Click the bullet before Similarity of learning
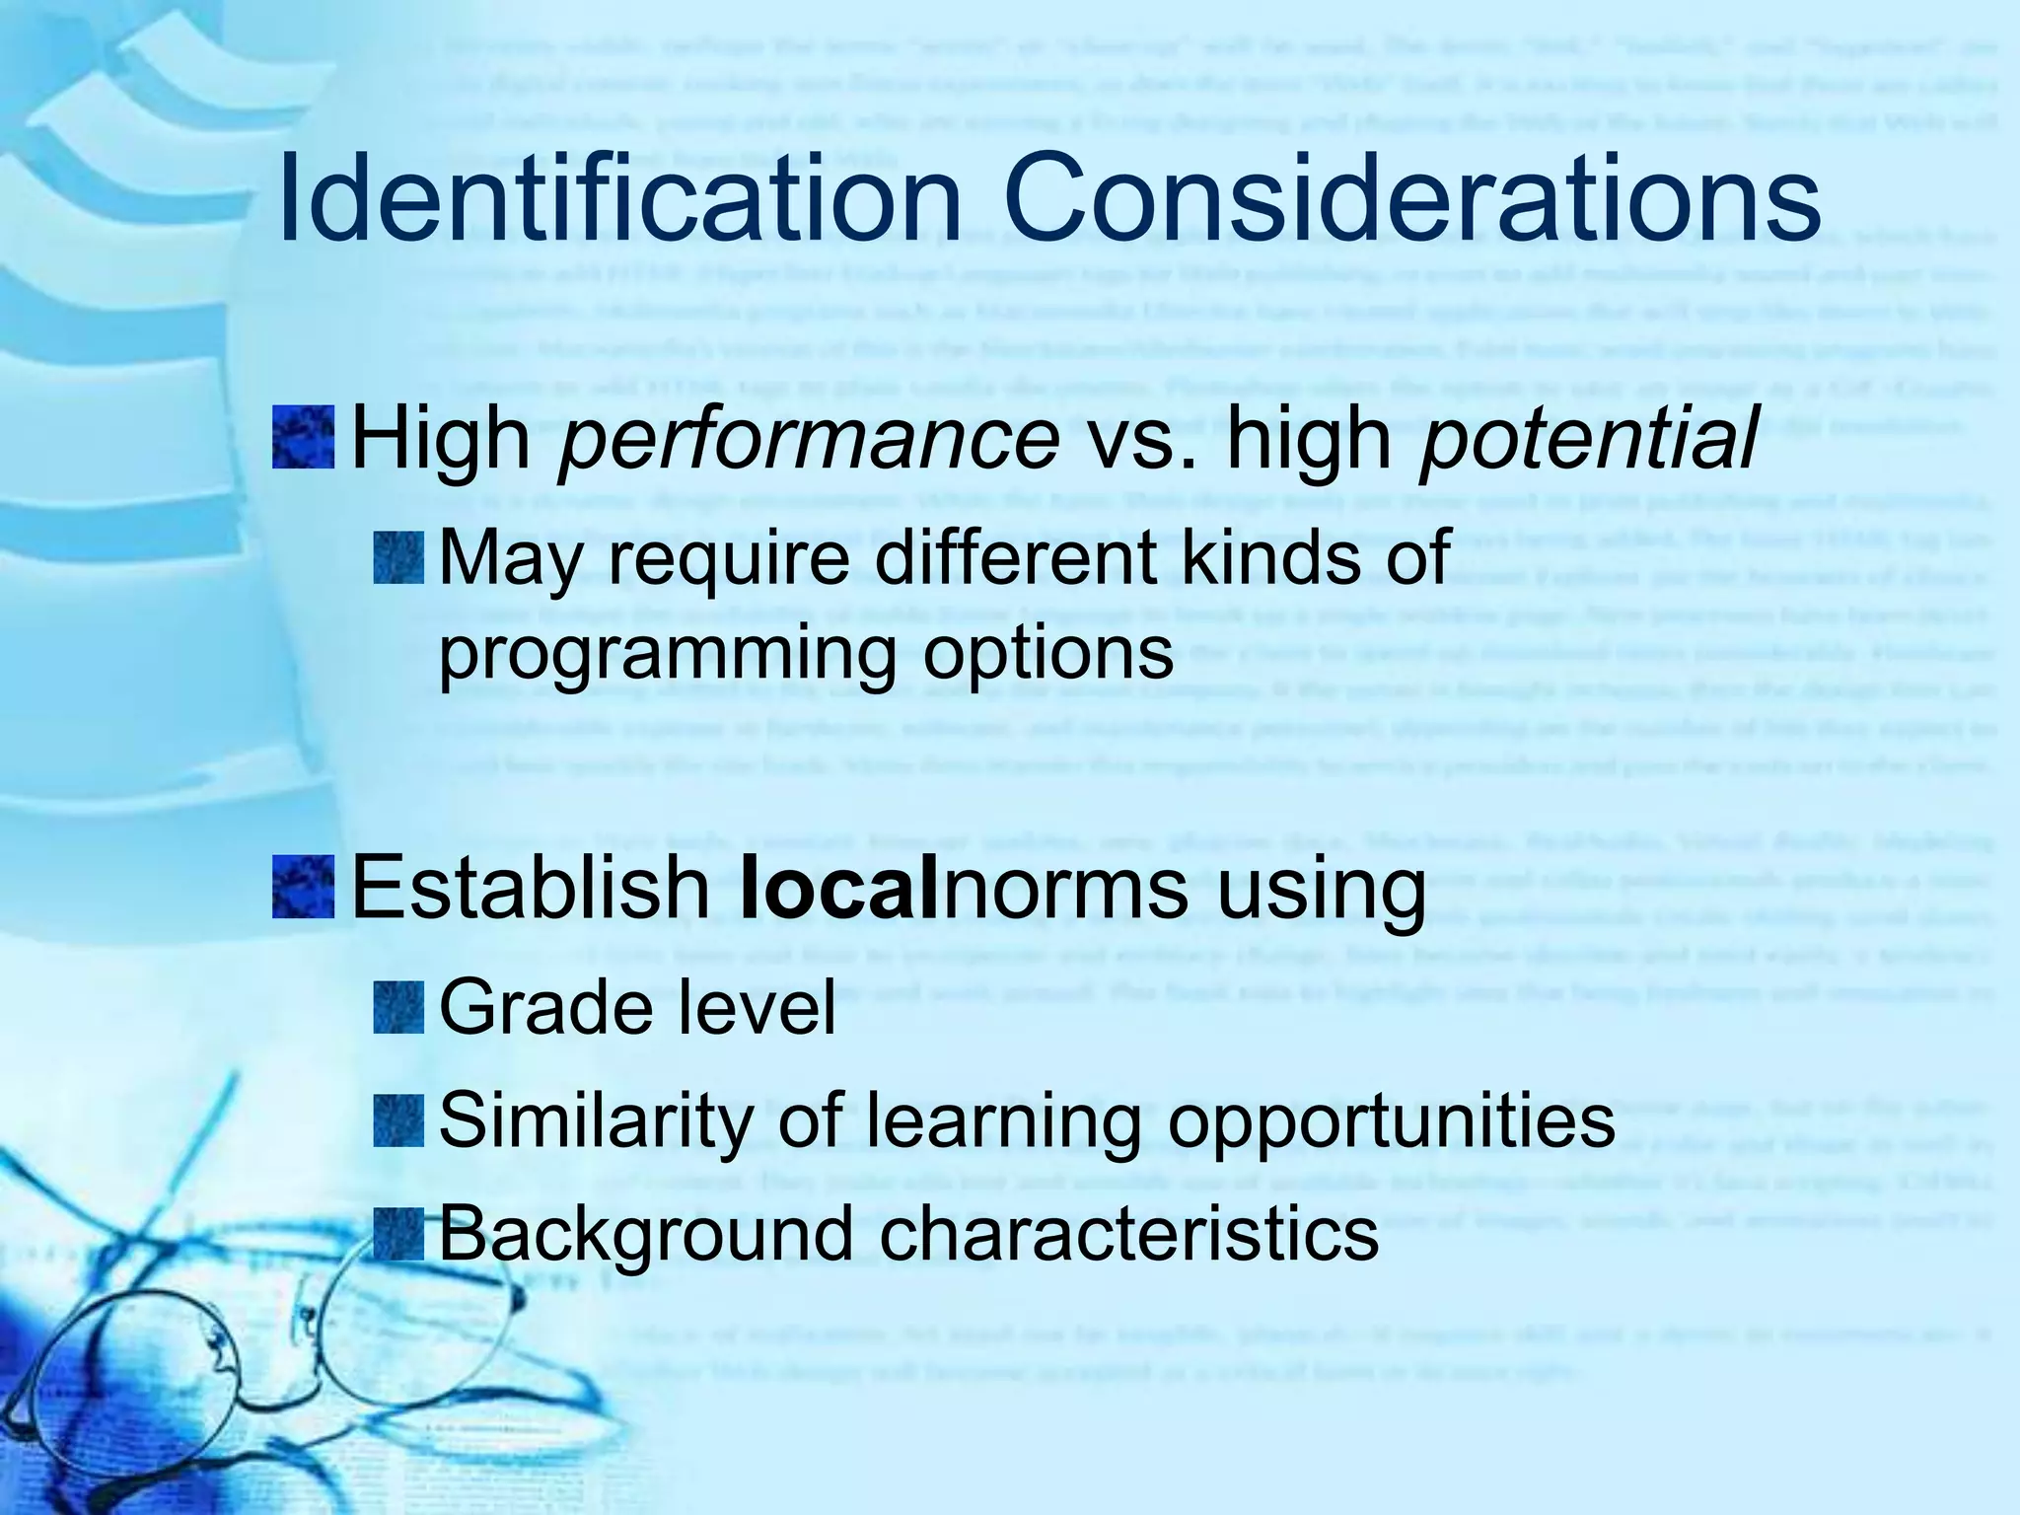point(399,1120)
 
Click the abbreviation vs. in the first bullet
point(1145,440)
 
